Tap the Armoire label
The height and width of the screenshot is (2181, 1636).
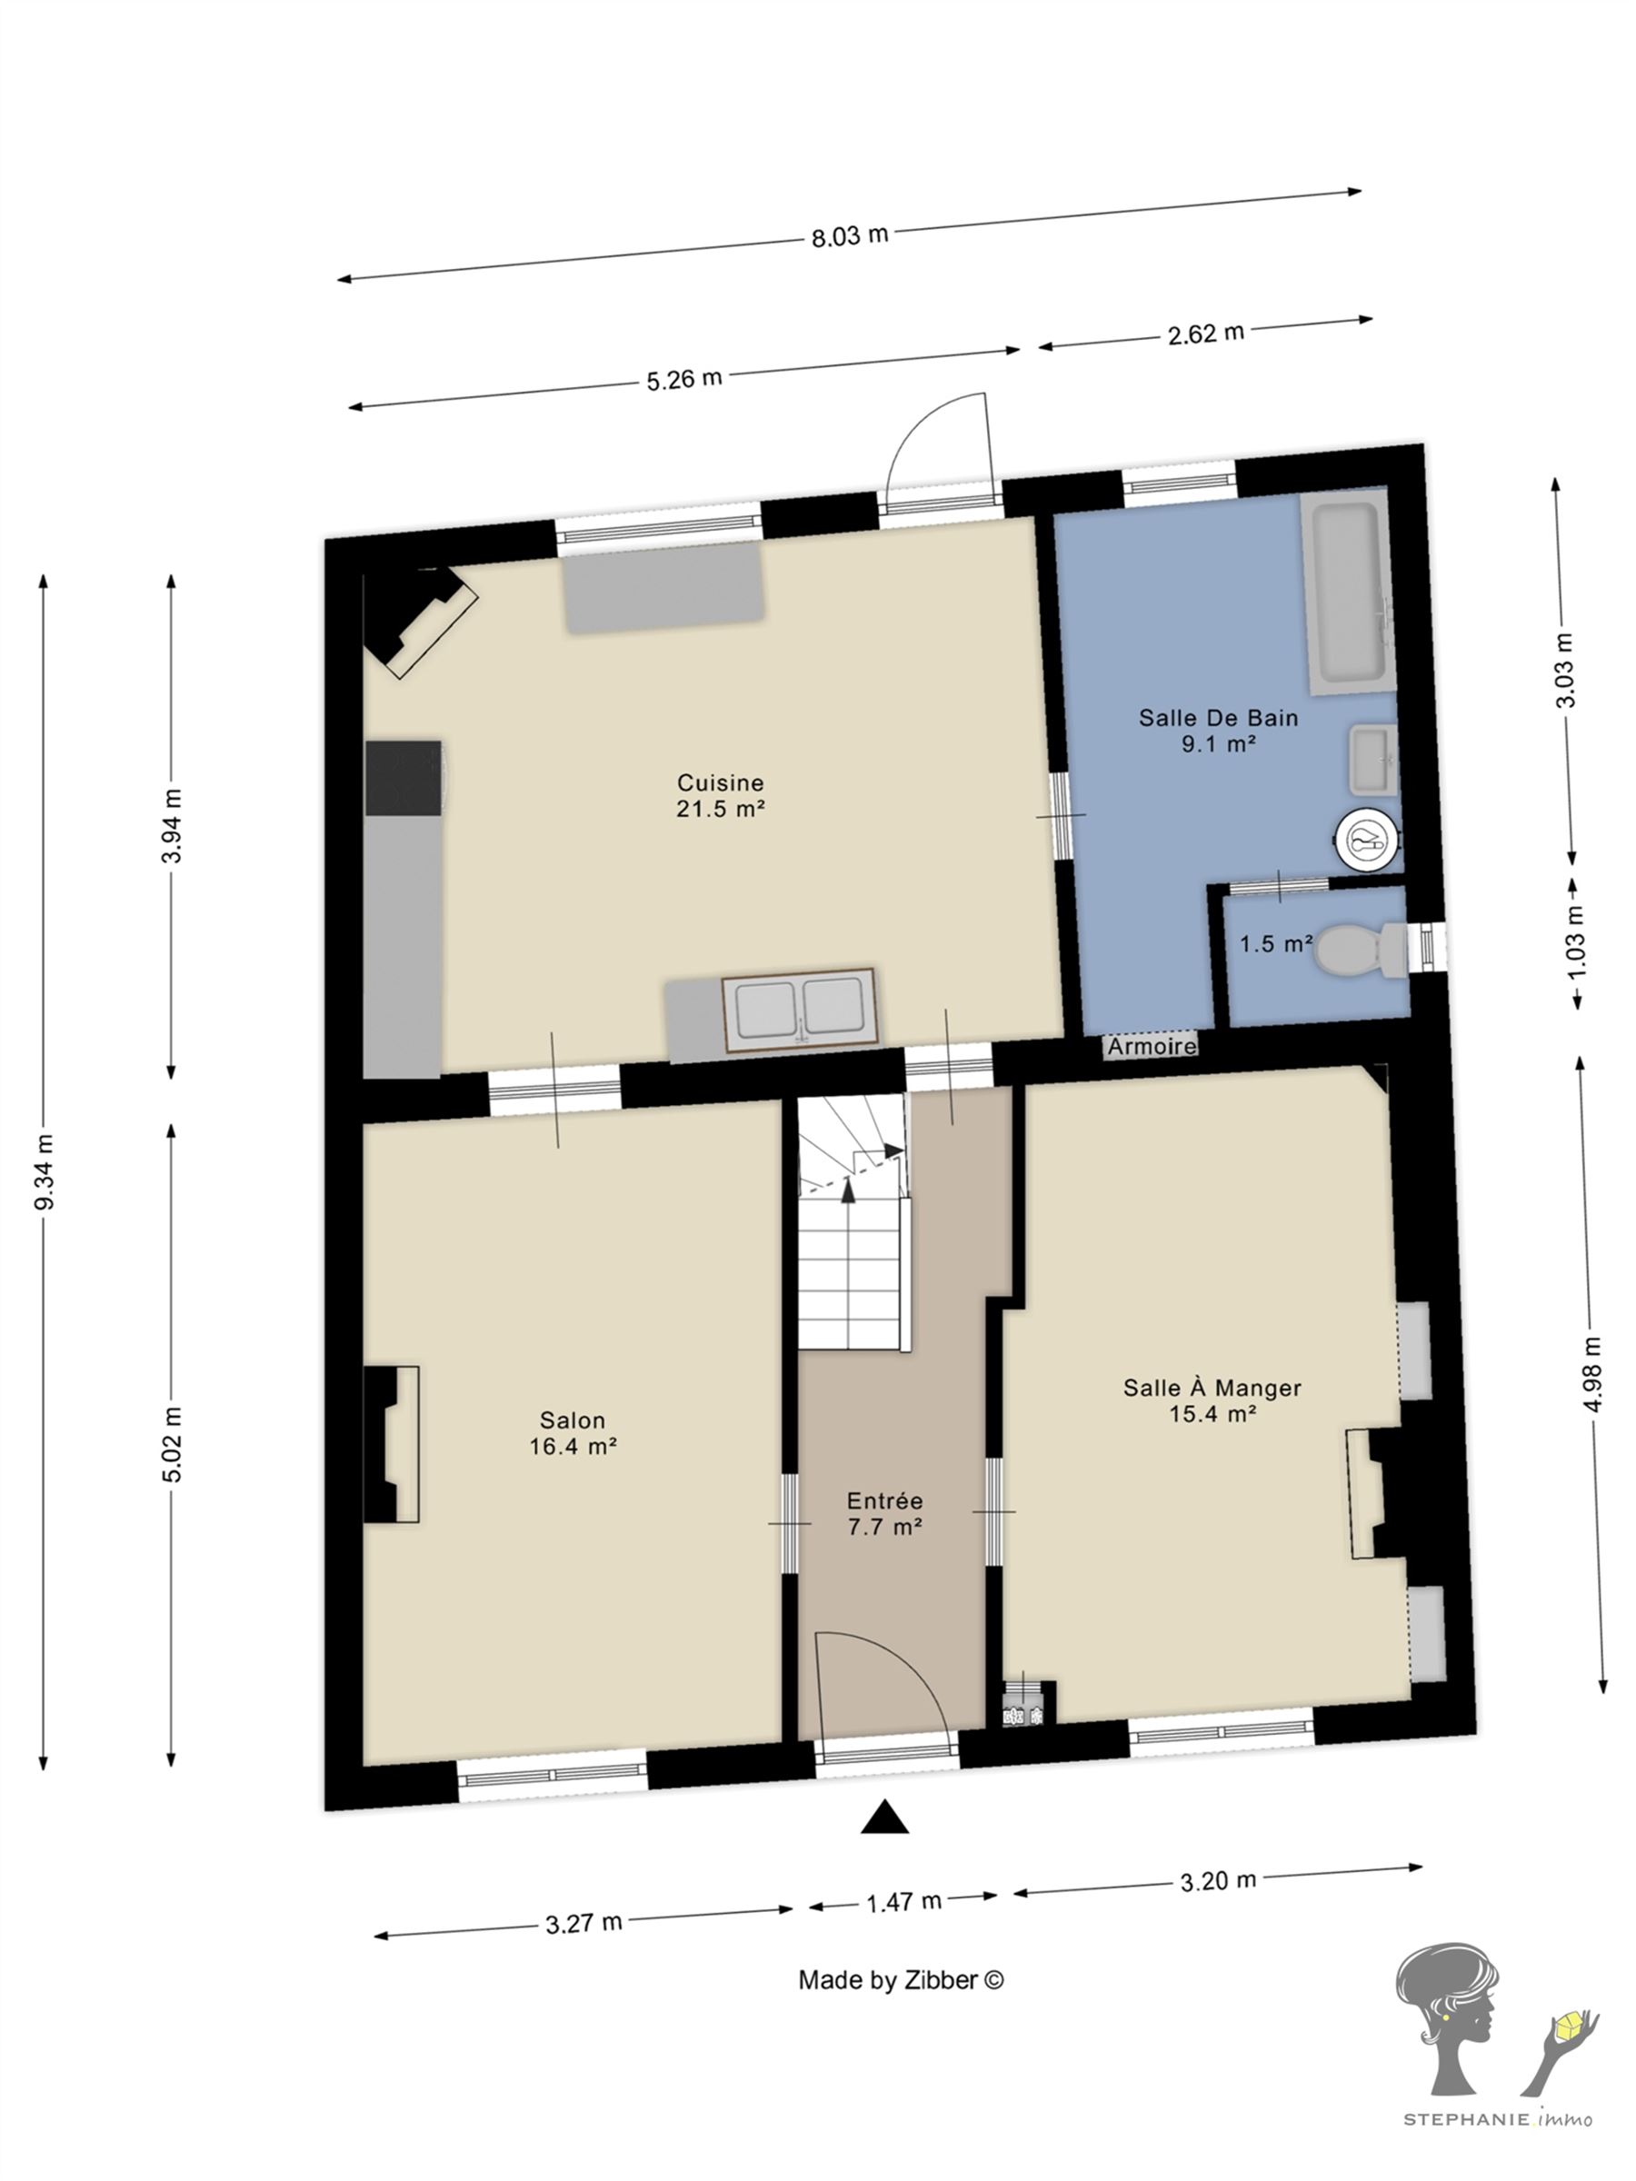[x=1151, y=1046]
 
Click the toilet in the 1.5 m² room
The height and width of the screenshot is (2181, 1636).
[x=1362, y=950]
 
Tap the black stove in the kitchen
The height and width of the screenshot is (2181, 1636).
[x=404, y=778]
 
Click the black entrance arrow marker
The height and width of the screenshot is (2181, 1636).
[x=884, y=1817]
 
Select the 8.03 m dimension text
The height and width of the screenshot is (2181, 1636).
[x=849, y=235]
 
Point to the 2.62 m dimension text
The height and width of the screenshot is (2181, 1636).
[x=1205, y=334]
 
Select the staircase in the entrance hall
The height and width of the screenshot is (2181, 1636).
[x=852, y=1221]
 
